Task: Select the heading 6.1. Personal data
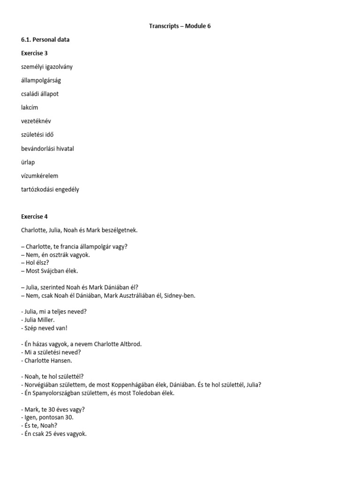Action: (x=45, y=40)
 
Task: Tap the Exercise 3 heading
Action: (x=34, y=53)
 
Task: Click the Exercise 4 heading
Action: (x=34, y=217)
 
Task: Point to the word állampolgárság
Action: (x=41, y=80)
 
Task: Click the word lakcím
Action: (x=30, y=107)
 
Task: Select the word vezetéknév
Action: (x=36, y=121)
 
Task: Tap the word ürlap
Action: (x=28, y=162)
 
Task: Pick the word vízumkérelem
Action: (x=40, y=176)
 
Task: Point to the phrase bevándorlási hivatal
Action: (x=48, y=149)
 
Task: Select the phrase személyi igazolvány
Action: (x=47, y=67)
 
